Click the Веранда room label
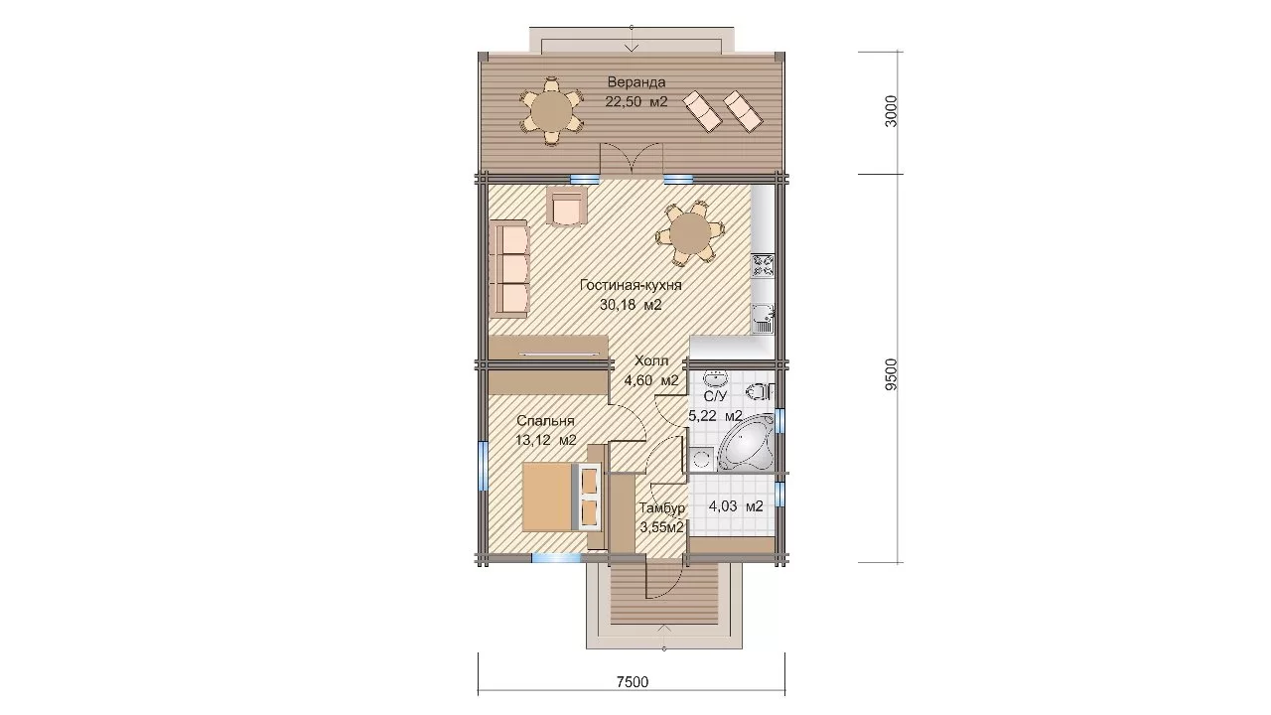tap(636, 82)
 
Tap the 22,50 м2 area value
tap(636, 102)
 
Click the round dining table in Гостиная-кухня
tap(689, 233)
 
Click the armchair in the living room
tap(169, 206)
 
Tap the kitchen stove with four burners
tap(763, 266)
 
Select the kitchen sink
tap(764, 318)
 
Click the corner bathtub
tap(747, 442)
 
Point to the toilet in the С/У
tap(761, 392)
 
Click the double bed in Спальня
tap(165, 498)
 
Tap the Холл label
tap(651, 360)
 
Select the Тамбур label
tap(661, 507)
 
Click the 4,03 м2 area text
tap(736, 506)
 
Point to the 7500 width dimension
tap(633, 681)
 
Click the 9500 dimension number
tap(892, 374)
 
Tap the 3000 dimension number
tap(892, 111)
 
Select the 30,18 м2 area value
tap(631, 305)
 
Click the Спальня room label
tap(545, 421)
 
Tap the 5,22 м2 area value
tap(715, 416)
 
